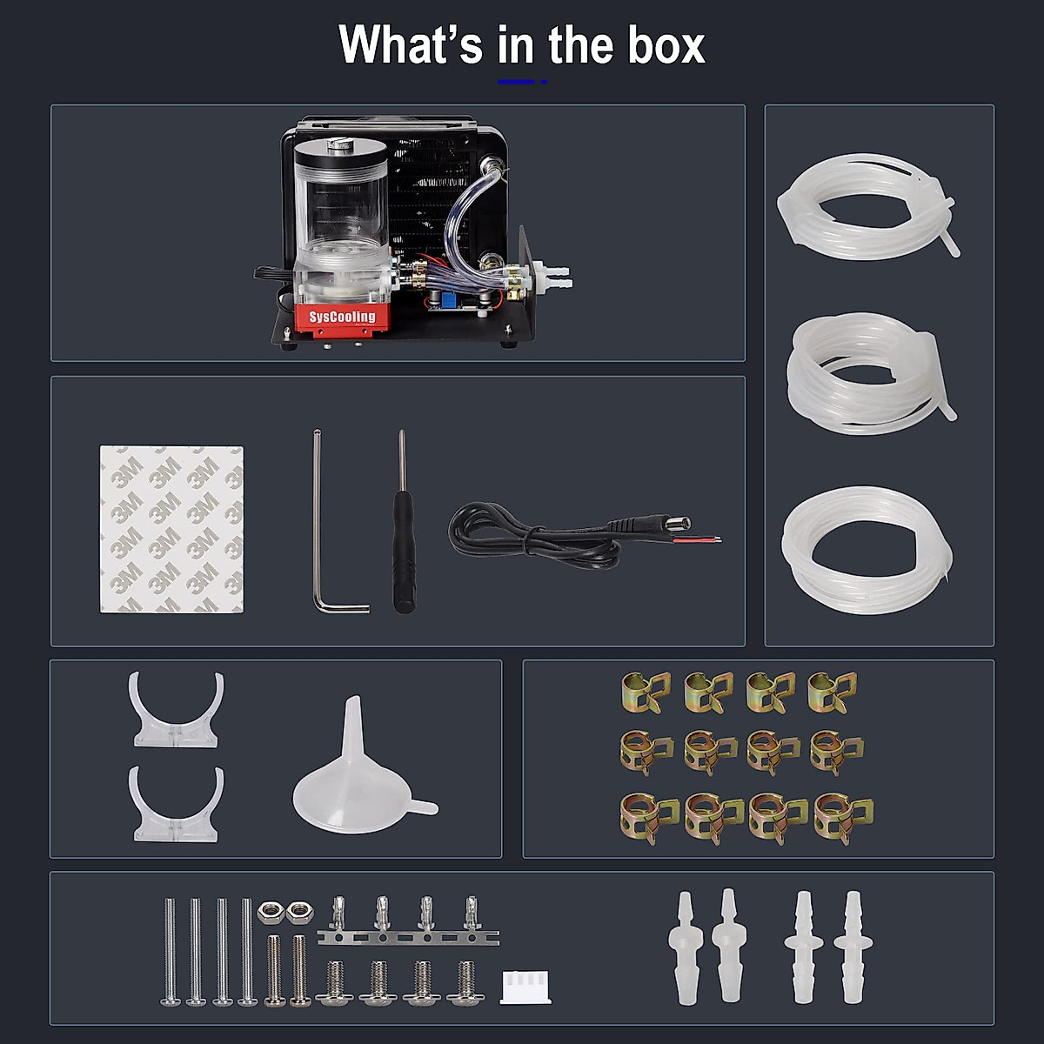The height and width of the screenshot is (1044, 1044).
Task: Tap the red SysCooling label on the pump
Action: point(342,317)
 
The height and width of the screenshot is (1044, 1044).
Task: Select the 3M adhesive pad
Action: point(171,529)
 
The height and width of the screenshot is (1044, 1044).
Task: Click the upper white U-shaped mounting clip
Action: point(177,712)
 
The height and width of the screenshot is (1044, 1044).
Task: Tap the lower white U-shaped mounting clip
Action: point(177,805)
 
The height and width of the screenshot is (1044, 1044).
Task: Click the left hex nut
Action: point(270,912)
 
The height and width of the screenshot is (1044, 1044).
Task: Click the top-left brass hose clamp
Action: point(645,692)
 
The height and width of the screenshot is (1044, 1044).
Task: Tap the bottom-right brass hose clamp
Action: point(841,818)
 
